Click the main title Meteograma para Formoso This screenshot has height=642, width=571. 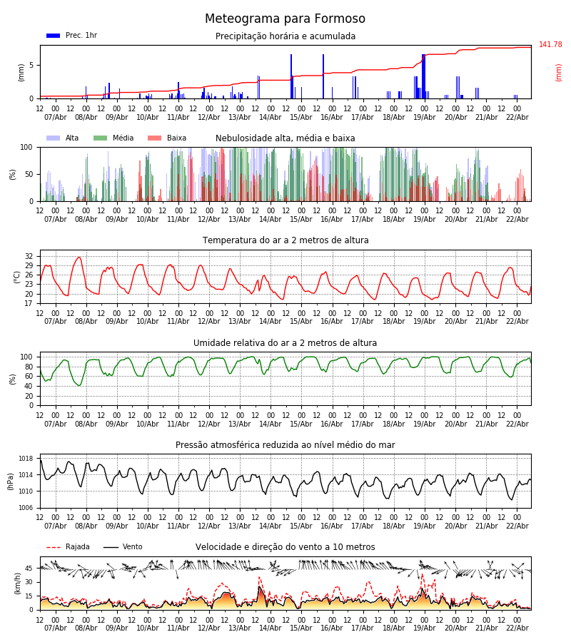pyautogui.click(x=285, y=19)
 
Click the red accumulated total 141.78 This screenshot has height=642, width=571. pyautogui.click(x=550, y=45)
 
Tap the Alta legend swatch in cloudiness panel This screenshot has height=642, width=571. pyautogui.click(x=53, y=138)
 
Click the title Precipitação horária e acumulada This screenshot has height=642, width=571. pyautogui.click(x=285, y=36)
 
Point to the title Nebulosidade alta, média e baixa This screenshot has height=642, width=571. pyautogui.click(x=285, y=138)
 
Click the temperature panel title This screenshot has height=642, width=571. pyautogui.click(x=285, y=240)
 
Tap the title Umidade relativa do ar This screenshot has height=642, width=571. pyautogui.click(x=285, y=343)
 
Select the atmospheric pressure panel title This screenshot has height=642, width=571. pyautogui.click(x=285, y=445)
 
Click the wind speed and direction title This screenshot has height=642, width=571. pyautogui.click(x=285, y=547)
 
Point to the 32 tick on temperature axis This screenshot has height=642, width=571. pyautogui.click(x=29, y=256)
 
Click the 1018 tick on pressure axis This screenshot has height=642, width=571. pyautogui.click(x=26, y=459)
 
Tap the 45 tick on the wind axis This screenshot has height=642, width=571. pyautogui.click(x=29, y=569)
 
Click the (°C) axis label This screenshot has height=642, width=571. pyautogui.click(x=17, y=277)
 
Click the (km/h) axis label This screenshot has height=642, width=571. pyautogui.click(x=17, y=583)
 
